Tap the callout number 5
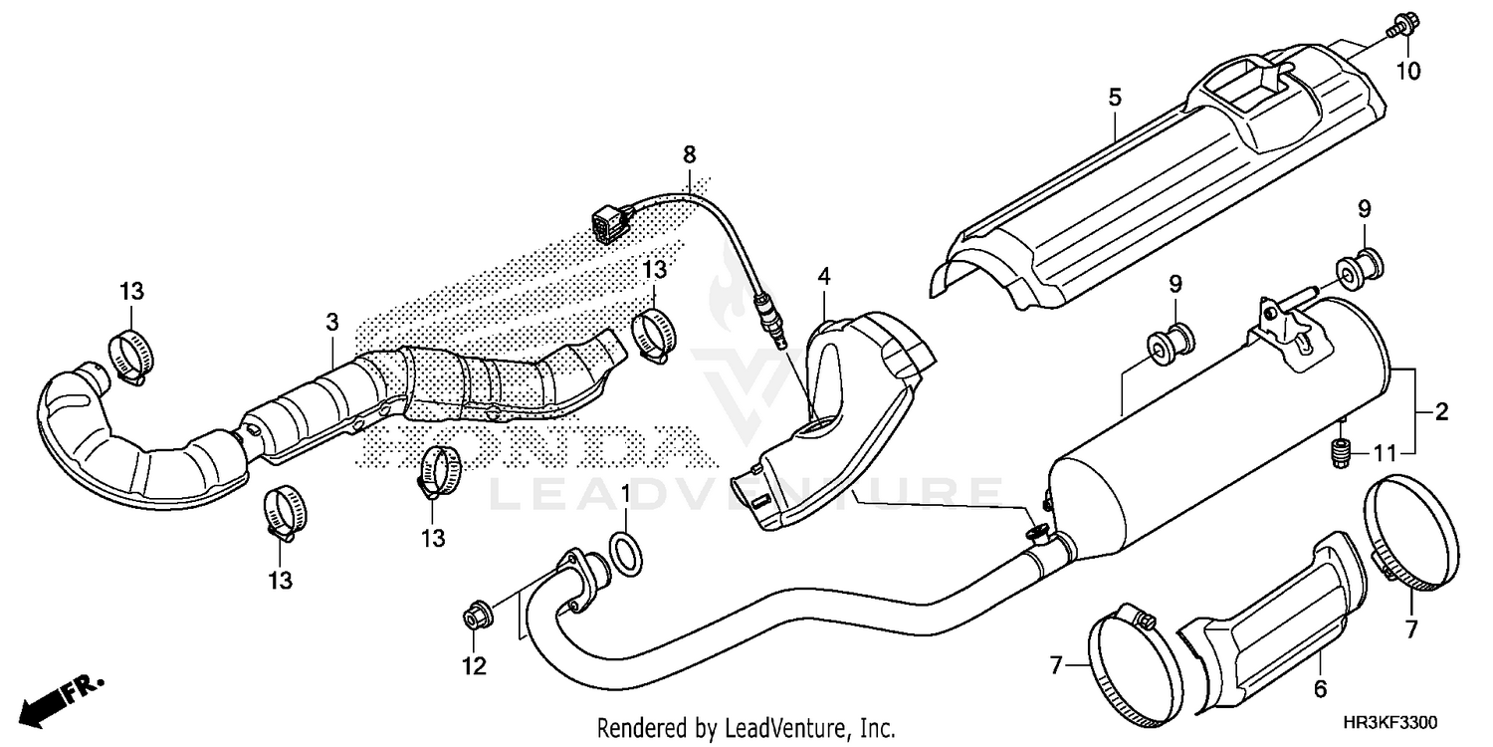click(1115, 98)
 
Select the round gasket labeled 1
click(625, 554)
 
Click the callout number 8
click(690, 154)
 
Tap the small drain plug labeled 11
click(1341, 454)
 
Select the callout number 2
click(1440, 411)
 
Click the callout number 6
click(1321, 688)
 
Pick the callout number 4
click(823, 276)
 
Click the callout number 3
click(332, 322)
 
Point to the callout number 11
click(1385, 454)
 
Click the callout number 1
click(625, 494)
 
